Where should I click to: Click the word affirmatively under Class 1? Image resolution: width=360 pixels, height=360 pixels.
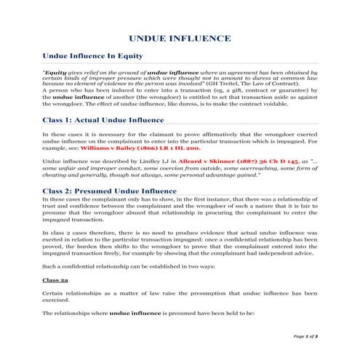click(237, 134)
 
